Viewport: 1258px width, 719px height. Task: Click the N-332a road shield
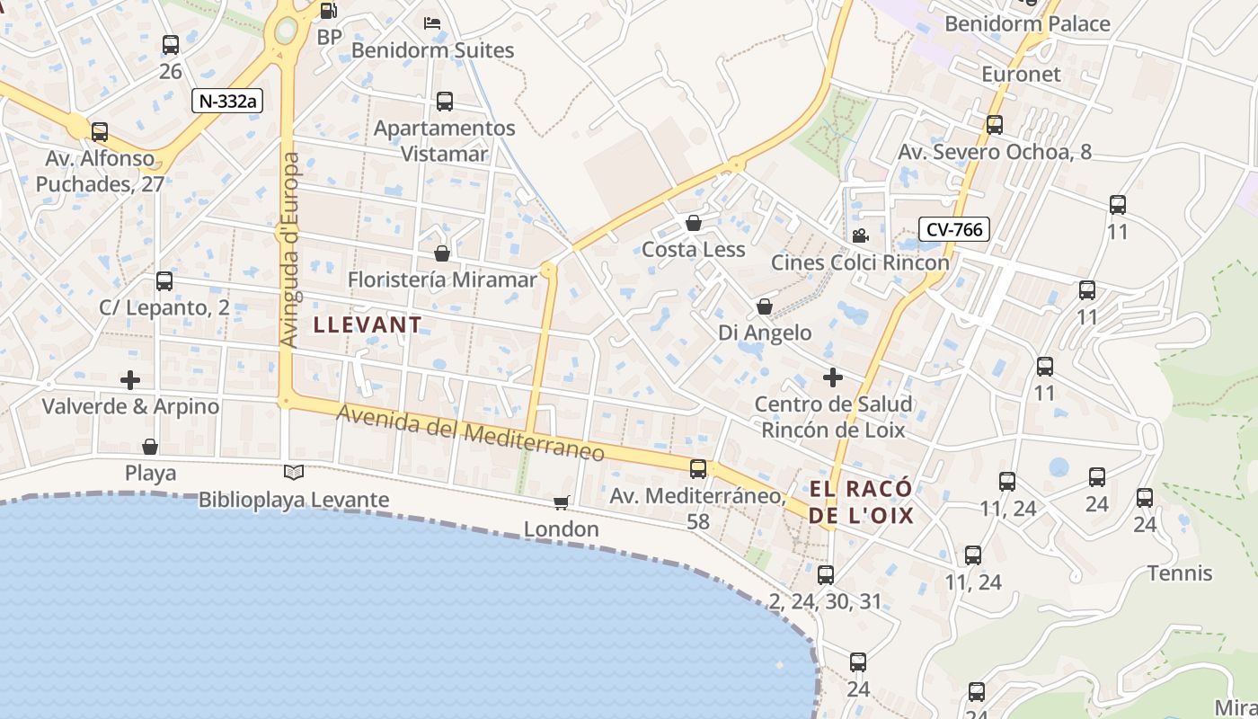226,100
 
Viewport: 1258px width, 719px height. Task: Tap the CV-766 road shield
953,229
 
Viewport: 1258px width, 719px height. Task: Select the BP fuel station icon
329,12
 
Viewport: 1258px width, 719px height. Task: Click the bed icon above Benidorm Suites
432,23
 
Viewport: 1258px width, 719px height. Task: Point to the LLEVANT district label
368,324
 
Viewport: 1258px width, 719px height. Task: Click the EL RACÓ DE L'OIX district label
861,502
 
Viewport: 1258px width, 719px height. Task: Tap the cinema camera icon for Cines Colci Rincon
860,235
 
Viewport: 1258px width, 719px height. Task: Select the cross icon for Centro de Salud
833,377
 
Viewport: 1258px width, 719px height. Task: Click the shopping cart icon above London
562,502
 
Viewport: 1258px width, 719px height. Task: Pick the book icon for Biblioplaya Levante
294,472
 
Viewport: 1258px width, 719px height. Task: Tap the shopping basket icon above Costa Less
693,222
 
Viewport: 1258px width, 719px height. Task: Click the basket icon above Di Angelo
765,306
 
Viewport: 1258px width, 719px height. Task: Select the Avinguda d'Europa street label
289,250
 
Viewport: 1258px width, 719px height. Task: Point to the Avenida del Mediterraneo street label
471,432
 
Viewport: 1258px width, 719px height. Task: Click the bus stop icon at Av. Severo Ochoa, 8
995,125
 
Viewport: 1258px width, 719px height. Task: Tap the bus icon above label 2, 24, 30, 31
826,575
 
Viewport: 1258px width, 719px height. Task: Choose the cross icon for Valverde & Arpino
130,379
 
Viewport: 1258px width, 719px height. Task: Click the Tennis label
1180,573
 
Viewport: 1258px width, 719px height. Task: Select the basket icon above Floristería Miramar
441,253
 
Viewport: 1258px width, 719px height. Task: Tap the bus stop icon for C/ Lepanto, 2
164,281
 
